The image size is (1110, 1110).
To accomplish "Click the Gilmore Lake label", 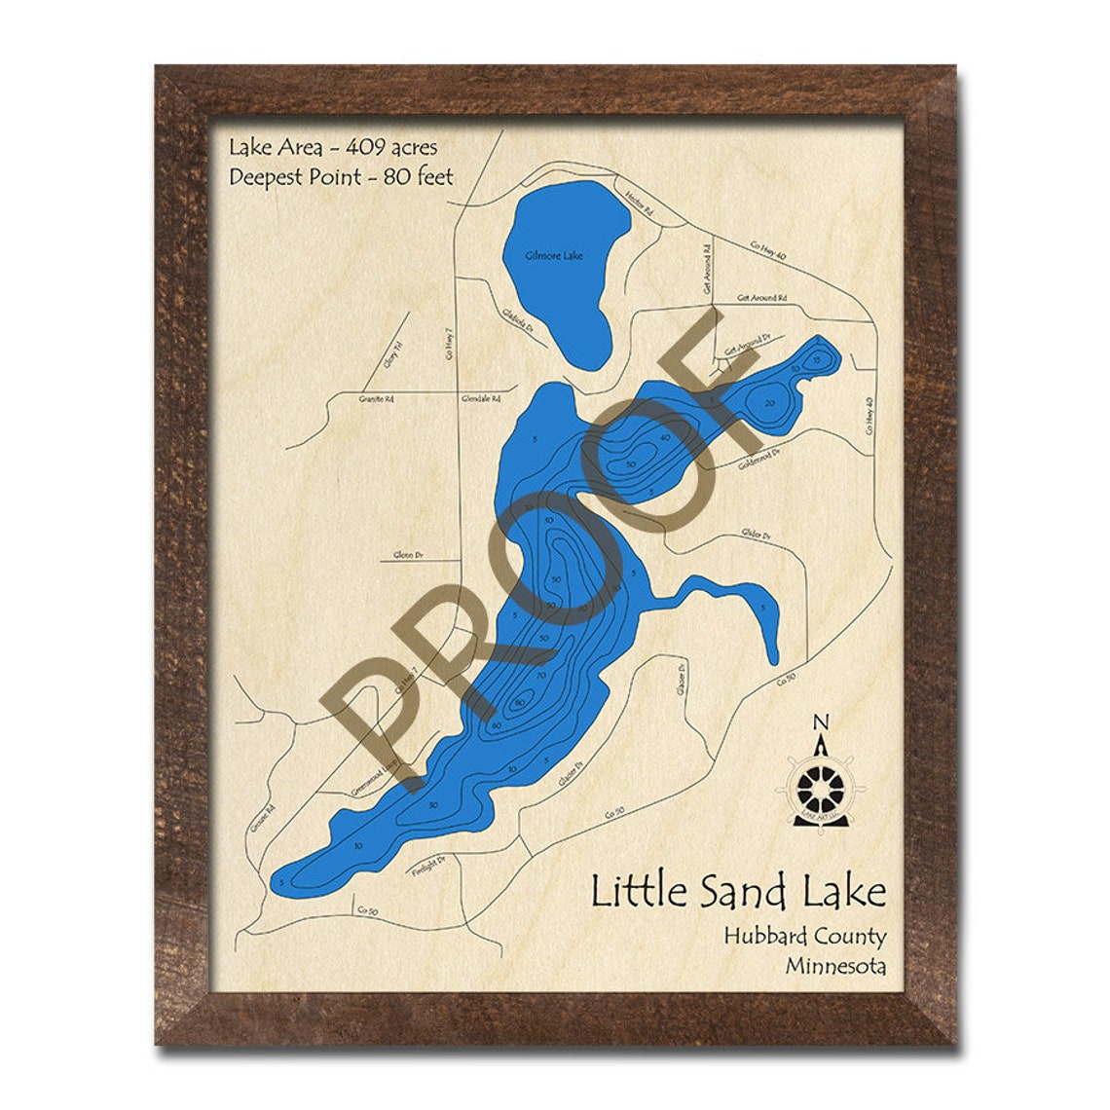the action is click(554, 256).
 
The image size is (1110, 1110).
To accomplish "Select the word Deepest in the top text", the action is click(267, 177).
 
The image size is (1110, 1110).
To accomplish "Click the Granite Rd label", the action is click(376, 399).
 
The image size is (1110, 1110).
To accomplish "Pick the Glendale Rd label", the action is click(481, 399).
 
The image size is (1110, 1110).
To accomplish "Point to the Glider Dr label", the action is click(756, 535).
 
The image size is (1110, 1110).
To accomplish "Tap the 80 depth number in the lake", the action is click(522, 702).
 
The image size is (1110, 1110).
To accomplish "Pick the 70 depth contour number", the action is click(541, 674).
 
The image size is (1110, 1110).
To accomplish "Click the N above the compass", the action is click(821, 722).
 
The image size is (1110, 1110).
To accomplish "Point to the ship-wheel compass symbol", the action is click(822, 785).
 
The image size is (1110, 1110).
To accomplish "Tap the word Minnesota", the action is click(835, 967).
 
